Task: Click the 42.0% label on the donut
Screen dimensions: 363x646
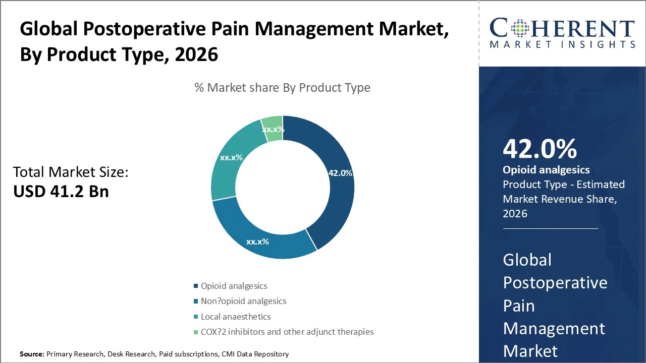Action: click(x=340, y=173)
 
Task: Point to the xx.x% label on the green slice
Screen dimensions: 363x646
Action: click(x=273, y=129)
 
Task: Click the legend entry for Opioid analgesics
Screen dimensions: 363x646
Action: click(x=234, y=286)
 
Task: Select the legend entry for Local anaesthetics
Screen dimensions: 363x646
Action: click(x=235, y=317)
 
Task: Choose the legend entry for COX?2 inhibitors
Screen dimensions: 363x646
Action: click(x=287, y=332)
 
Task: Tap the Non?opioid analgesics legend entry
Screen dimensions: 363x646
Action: click(x=243, y=301)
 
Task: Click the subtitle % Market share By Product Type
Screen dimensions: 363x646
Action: click(x=282, y=87)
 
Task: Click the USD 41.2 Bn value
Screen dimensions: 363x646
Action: click(x=61, y=191)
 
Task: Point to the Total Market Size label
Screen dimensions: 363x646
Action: click(x=71, y=172)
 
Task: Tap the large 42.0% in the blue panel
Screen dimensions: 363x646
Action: click(x=540, y=149)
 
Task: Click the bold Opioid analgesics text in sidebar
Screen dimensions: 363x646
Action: click(x=546, y=170)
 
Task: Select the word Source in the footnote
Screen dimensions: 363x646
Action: click(x=31, y=354)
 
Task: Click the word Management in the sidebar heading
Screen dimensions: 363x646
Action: click(x=554, y=328)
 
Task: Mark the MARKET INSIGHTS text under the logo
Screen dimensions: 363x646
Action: click(x=562, y=44)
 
